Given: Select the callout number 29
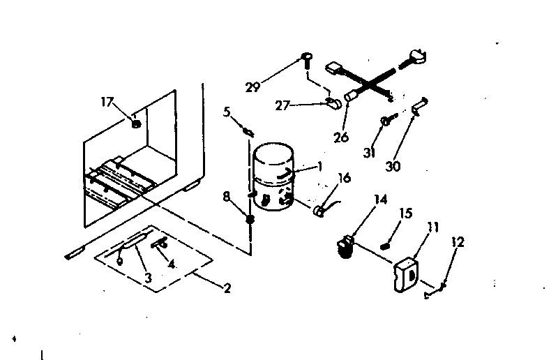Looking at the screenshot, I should (x=253, y=87).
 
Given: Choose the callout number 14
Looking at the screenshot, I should (x=379, y=200).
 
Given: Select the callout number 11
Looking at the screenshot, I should (x=433, y=227).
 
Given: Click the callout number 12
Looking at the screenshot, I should (x=458, y=242).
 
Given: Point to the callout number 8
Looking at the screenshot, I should (x=227, y=197).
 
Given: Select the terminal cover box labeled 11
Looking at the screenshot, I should (x=405, y=273).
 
